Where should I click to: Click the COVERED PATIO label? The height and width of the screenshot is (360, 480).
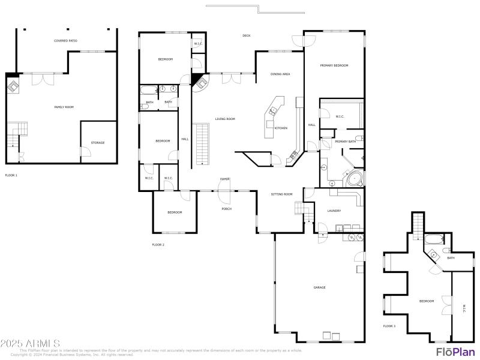(x=65, y=41)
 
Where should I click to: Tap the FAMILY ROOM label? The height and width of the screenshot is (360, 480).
(x=64, y=107)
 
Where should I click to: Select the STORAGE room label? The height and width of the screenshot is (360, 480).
(x=98, y=143)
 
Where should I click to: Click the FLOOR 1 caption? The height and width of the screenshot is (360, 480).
(x=11, y=175)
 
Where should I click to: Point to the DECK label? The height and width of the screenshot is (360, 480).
(x=246, y=36)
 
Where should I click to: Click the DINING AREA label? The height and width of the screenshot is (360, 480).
(x=280, y=74)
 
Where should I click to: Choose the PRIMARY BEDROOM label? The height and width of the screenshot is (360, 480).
(x=334, y=65)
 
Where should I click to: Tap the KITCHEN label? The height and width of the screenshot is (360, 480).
(x=281, y=128)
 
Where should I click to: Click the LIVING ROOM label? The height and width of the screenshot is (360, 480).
(x=225, y=119)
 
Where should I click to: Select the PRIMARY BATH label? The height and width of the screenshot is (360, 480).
(x=346, y=142)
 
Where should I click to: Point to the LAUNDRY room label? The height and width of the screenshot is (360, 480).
(x=334, y=211)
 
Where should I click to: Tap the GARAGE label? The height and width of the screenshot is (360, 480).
(x=320, y=287)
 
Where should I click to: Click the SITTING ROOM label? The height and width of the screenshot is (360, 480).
(x=281, y=194)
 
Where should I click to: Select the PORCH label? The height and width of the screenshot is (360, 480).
(x=227, y=209)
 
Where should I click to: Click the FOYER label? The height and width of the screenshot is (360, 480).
(x=225, y=179)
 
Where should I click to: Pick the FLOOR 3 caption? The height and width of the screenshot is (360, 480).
(x=389, y=326)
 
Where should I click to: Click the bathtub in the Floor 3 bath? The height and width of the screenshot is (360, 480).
(x=433, y=241)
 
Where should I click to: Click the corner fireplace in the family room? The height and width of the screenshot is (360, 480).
(x=12, y=85)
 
